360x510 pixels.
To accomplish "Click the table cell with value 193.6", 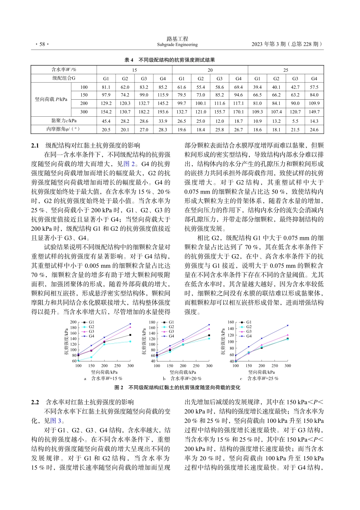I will tap(163, 112).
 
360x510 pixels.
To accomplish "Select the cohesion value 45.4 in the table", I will tap(106, 121).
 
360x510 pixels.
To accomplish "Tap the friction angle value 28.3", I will tap(163, 130).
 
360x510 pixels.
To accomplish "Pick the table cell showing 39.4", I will tap(257, 87).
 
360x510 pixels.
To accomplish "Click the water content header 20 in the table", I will tap(210, 70).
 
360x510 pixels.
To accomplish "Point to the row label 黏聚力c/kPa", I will tap(64, 121).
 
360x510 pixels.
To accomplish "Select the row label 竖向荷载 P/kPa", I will tap(51, 99).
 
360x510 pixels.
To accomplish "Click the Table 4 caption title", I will tap(170, 60).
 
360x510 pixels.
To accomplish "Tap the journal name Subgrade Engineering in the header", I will tap(177, 45).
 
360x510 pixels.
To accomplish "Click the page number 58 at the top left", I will tap(40, 44).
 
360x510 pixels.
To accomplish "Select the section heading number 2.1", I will tap(35, 145).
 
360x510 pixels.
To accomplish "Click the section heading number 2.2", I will tap(35, 402).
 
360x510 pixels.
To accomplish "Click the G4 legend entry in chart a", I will tap(91, 336).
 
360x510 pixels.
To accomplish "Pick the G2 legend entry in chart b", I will tap(171, 327).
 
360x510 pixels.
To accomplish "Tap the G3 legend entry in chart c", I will tap(249, 332).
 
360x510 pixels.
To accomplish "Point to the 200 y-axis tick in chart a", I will tap(73, 322).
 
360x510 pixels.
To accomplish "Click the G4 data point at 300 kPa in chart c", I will tap(288, 325).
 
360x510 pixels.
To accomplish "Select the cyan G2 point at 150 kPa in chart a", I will tap(91, 357).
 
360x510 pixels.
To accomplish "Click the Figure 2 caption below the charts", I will tap(177, 388).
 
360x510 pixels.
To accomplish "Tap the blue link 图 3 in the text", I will tap(56, 421).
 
